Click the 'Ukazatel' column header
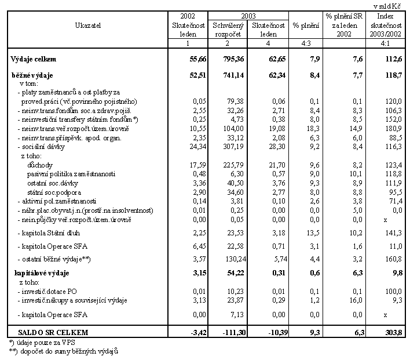tap(87, 25)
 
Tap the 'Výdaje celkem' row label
tap(32, 59)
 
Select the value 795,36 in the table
tap(236, 59)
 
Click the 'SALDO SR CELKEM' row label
tap(48, 332)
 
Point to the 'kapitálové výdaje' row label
tap(39, 272)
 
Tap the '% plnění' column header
tap(305, 25)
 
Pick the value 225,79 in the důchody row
tap(236, 166)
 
